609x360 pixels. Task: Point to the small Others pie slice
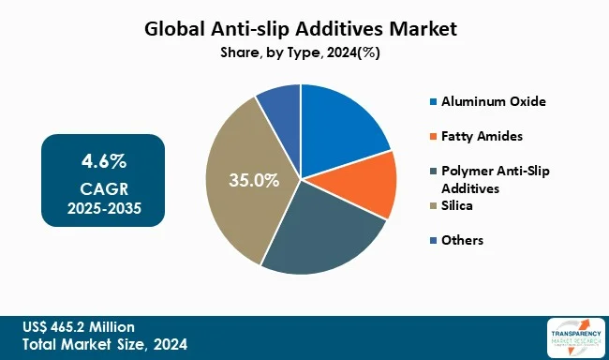(x=280, y=107)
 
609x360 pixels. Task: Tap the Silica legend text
(x=459, y=204)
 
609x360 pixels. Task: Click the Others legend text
(x=463, y=240)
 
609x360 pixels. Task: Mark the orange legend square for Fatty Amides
(x=431, y=136)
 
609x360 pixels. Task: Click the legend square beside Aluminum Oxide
(x=431, y=100)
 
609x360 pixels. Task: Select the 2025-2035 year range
(x=102, y=207)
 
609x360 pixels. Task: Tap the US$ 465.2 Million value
(x=80, y=326)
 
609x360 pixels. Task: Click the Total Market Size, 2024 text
(x=105, y=344)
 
